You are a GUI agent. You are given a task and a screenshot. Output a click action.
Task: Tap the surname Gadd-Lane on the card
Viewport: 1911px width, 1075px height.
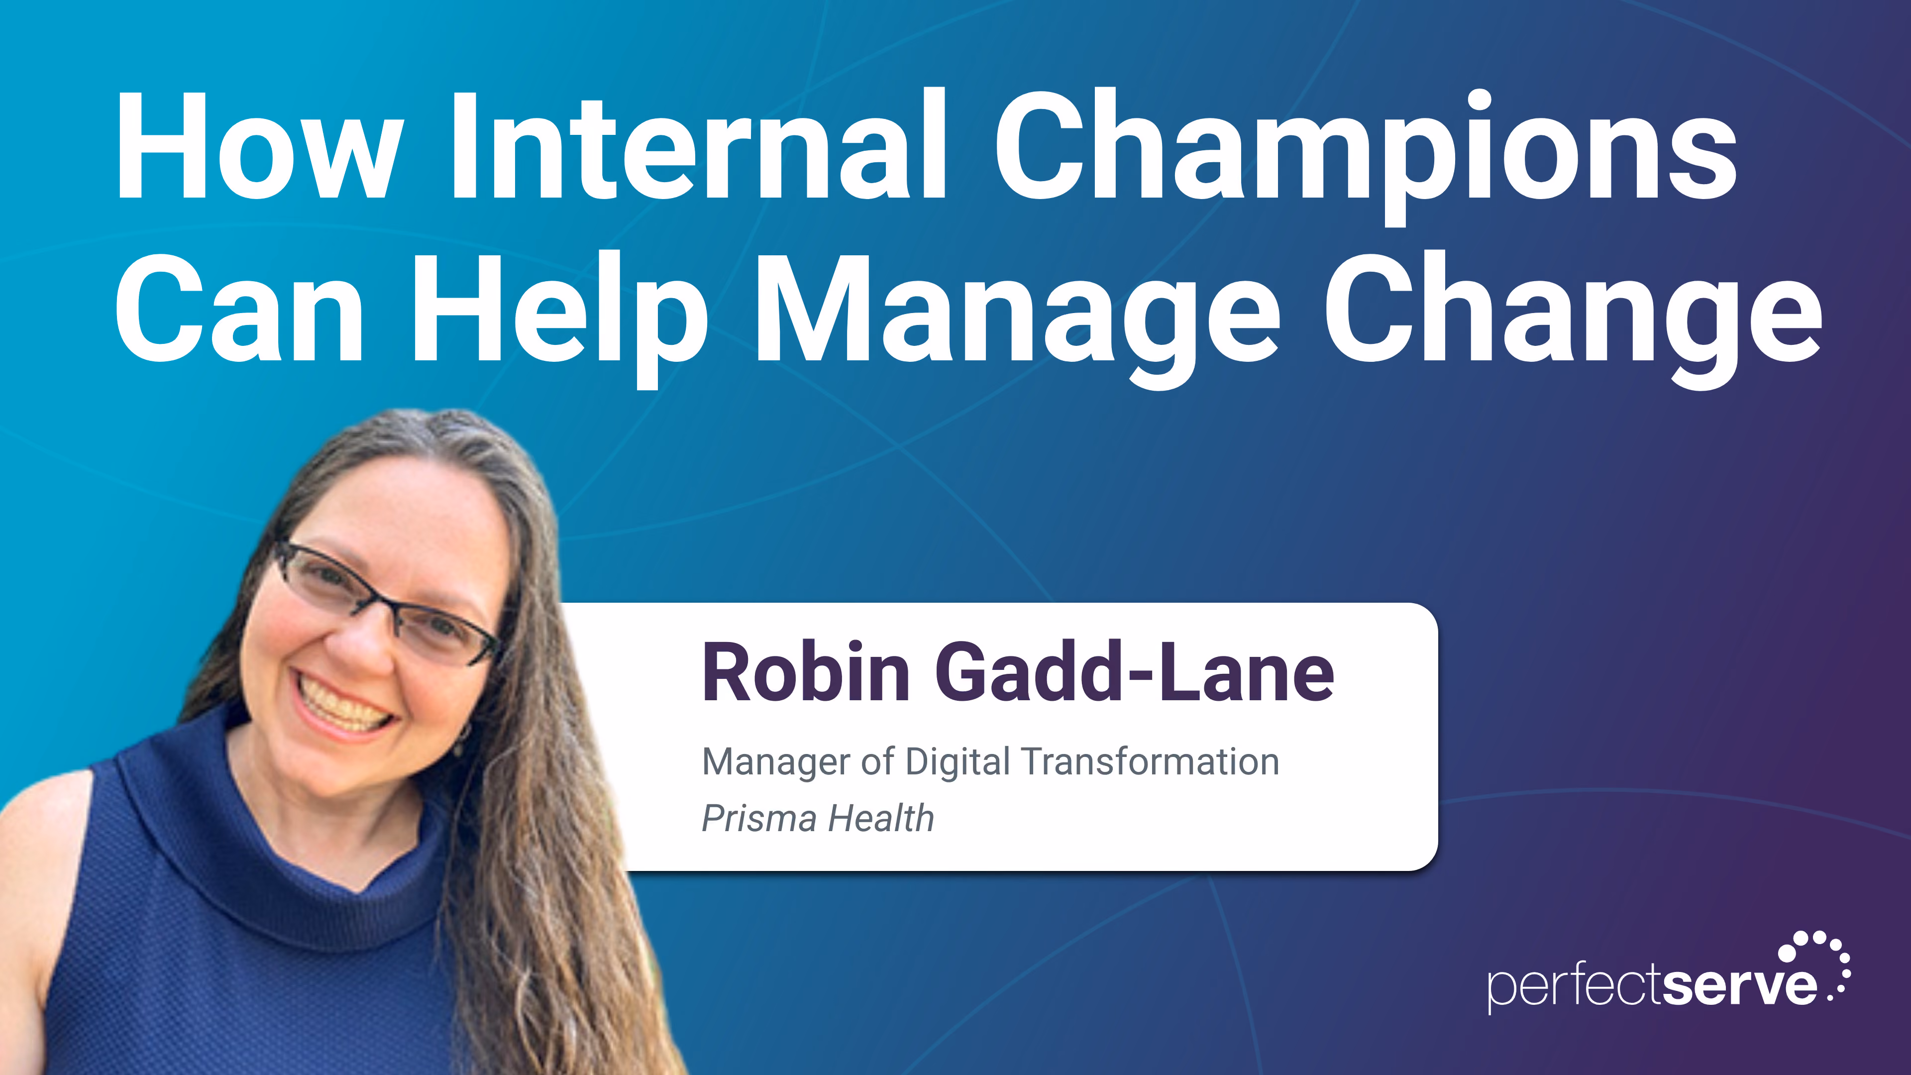point(1135,671)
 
